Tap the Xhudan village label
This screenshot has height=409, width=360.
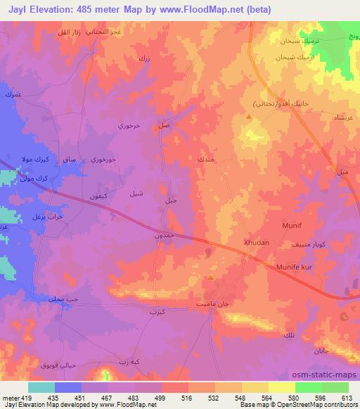pyautogui.click(x=256, y=242)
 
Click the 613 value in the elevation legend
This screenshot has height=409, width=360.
pyautogui.click(x=345, y=397)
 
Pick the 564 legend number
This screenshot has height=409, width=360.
pyautogui.click(x=266, y=397)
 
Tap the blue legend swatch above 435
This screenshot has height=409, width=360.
pyautogui.click(x=68, y=387)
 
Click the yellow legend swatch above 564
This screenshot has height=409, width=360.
pyautogui.click(x=281, y=387)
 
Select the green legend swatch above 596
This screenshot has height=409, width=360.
pyautogui.click(x=309, y=387)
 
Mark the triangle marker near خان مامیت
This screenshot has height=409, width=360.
pyautogui.click(x=211, y=278)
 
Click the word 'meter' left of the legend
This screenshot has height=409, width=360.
pyautogui.click(x=10, y=397)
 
